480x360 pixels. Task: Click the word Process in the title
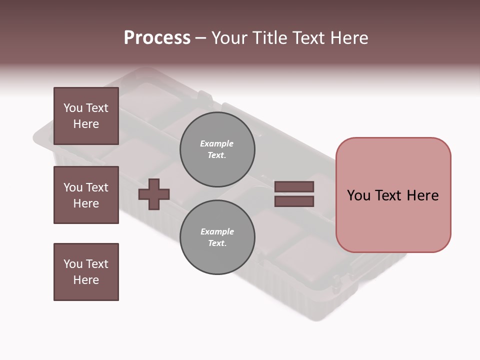coord(157,38)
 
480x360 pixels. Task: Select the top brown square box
coord(86,116)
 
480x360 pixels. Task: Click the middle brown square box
coord(86,195)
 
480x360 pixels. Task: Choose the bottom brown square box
coord(86,272)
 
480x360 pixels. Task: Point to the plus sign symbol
coord(154,193)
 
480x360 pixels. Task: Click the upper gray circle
coord(217,149)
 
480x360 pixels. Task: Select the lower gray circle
coord(217,237)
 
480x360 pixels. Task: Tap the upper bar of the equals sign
coord(294,187)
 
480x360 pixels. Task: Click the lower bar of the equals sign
coord(294,201)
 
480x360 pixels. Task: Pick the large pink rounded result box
coord(393,194)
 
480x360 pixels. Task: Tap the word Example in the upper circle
coord(217,143)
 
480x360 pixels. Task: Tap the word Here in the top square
coord(86,124)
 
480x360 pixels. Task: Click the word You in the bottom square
coord(73,264)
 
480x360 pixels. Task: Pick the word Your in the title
coord(231,38)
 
